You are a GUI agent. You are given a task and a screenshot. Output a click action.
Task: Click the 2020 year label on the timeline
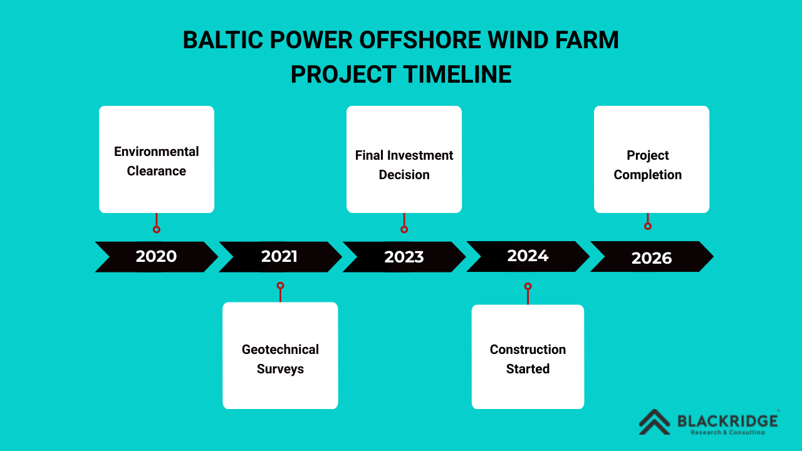pyautogui.click(x=156, y=256)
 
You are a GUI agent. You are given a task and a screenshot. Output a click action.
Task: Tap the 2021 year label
pyautogui.click(x=279, y=256)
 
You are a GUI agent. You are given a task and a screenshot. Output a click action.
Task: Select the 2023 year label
pyautogui.click(x=404, y=257)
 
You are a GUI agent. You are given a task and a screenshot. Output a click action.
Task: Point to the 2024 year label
pyautogui.click(x=528, y=256)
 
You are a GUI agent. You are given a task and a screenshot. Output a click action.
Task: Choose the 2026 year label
pyautogui.click(x=652, y=258)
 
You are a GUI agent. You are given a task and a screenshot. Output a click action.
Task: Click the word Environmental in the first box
pyautogui.click(x=157, y=152)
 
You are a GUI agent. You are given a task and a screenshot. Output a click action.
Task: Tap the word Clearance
pyautogui.click(x=157, y=171)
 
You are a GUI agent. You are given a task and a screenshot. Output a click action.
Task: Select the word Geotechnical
pyautogui.click(x=280, y=350)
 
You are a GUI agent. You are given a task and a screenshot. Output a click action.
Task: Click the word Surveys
pyautogui.click(x=280, y=369)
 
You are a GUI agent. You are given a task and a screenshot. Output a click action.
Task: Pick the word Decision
pyautogui.click(x=404, y=175)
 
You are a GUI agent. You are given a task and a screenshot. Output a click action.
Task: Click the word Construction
pyautogui.click(x=528, y=350)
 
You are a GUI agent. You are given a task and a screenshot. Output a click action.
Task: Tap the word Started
pyautogui.click(x=528, y=369)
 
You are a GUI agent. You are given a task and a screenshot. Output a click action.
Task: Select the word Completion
pyautogui.click(x=648, y=175)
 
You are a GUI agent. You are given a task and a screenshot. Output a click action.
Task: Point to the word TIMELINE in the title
pyautogui.click(x=458, y=75)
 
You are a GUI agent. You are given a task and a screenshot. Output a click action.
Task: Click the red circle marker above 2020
pyautogui.click(x=157, y=229)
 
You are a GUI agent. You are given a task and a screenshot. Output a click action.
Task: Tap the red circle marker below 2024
pyautogui.click(x=528, y=286)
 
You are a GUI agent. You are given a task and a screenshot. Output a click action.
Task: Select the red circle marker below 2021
pyautogui.click(x=280, y=286)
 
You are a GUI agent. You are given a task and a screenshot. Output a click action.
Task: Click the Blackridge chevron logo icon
pyautogui.click(x=655, y=422)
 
